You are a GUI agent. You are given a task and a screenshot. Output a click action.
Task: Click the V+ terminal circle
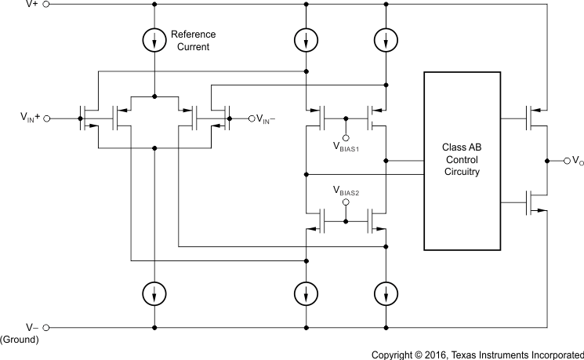point(46,4)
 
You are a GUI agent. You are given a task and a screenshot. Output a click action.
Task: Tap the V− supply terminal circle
point(46,327)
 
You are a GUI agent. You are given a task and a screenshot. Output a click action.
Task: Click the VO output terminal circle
point(567,160)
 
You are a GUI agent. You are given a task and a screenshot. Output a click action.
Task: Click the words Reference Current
point(193,41)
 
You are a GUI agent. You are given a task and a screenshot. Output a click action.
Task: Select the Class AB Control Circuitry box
point(462,161)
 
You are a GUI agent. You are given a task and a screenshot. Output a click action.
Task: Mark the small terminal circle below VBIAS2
point(346,202)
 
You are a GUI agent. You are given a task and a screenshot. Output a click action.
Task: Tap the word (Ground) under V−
point(19,340)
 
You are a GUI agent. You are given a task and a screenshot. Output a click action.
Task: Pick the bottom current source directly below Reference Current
point(155,294)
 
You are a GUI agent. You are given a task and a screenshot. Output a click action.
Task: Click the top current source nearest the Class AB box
point(385,38)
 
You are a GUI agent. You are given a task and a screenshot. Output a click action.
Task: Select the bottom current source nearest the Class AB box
point(385,294)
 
